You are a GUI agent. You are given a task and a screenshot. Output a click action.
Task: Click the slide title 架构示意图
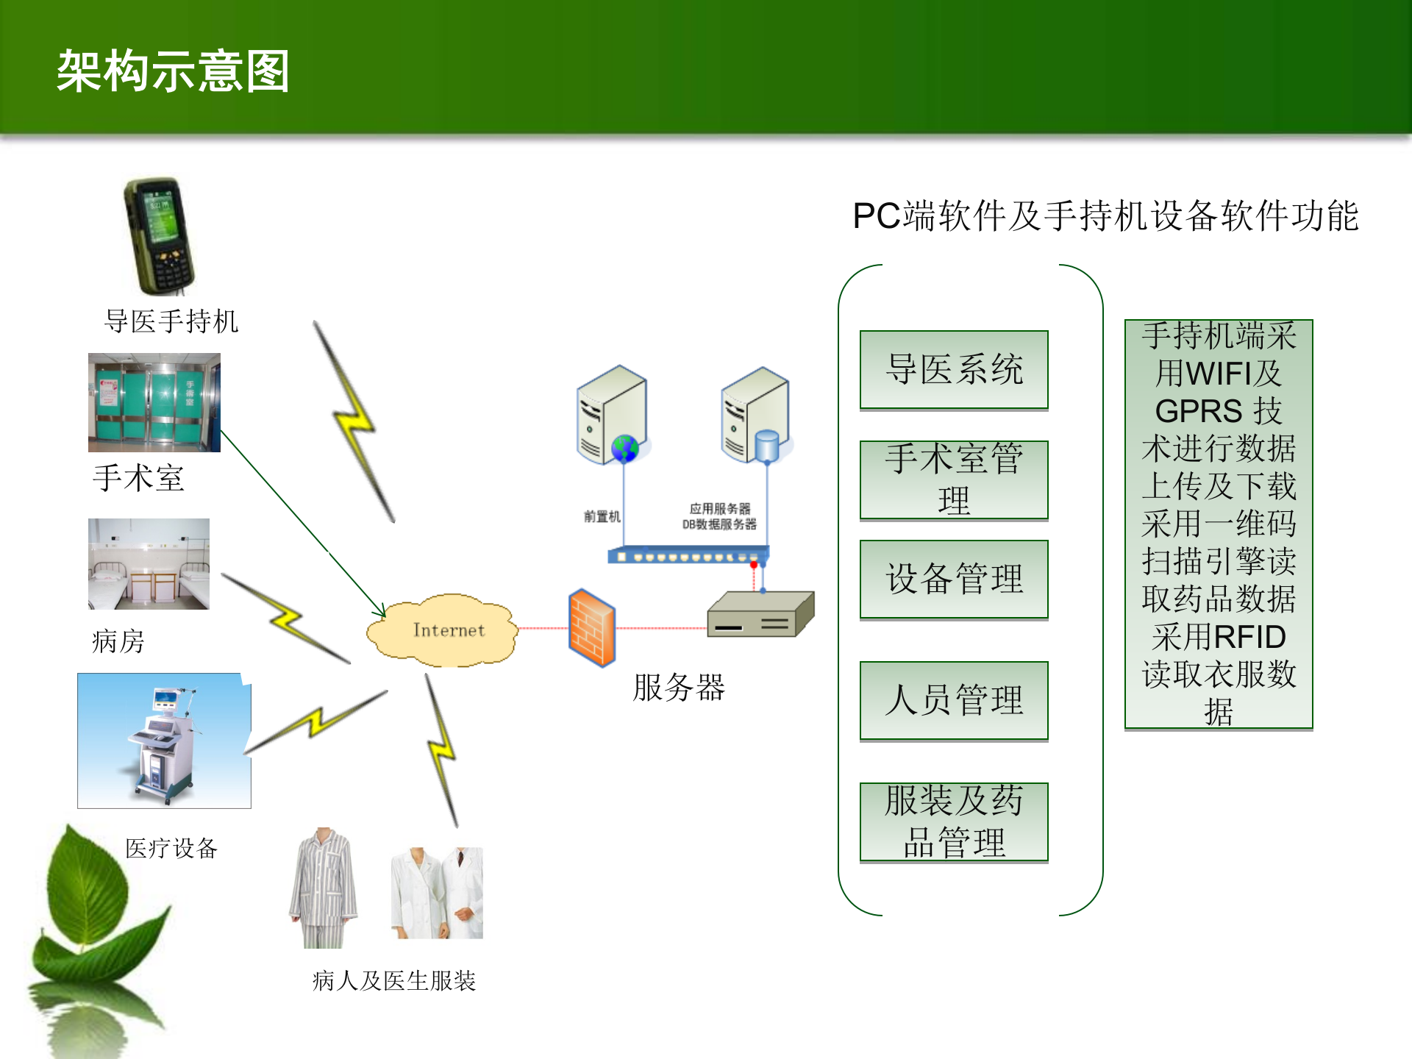tap(173, 71)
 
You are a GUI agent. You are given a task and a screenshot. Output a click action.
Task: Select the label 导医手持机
tap(171, 321)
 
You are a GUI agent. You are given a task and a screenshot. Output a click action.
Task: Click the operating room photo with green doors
tap(154, 402)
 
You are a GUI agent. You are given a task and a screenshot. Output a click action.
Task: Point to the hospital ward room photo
tap(149, 564)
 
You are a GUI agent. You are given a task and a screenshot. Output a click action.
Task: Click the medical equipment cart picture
tap(164, 741)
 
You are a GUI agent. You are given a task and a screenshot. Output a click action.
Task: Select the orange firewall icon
tap(591, 628)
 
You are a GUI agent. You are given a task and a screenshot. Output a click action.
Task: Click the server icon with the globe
tap(613, 416)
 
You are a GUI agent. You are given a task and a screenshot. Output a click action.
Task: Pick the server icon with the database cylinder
tap(757, 416)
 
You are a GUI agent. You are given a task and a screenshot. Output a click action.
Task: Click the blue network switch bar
tap(688, 555)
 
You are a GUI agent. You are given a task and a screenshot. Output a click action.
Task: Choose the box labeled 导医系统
tap(954, 370)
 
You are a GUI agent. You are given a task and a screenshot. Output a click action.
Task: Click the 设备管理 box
tap(954, 580)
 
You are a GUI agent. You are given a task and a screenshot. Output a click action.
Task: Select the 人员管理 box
tap(954, 700)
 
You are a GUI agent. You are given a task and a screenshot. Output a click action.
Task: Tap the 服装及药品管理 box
tap(954, 821)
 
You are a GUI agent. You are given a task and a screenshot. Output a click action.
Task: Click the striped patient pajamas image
tap(324, 887)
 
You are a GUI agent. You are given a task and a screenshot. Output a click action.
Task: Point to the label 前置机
tap(602, 516)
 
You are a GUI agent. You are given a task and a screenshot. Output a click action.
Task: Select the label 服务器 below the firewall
tap(679, 688)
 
